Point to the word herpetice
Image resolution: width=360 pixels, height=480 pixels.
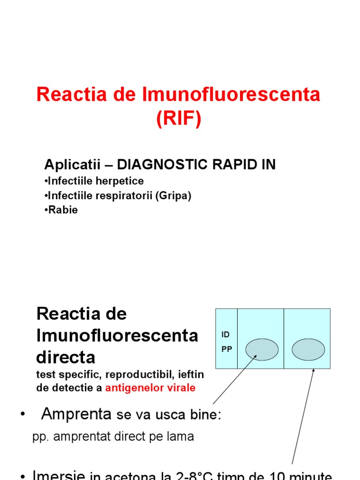click(122, 181)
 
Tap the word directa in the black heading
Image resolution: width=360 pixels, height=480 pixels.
click(66, 357)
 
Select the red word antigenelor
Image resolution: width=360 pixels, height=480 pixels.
click(132, 388)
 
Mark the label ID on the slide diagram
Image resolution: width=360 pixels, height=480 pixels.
click(225, 335)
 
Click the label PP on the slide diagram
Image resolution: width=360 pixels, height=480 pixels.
click(226, 349)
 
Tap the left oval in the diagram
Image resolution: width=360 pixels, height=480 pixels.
click(262, 350)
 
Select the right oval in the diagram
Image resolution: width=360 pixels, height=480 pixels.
click(308, 350)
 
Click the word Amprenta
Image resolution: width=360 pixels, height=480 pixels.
click(76, 414)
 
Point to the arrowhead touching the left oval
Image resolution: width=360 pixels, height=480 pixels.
click(256, 356)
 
